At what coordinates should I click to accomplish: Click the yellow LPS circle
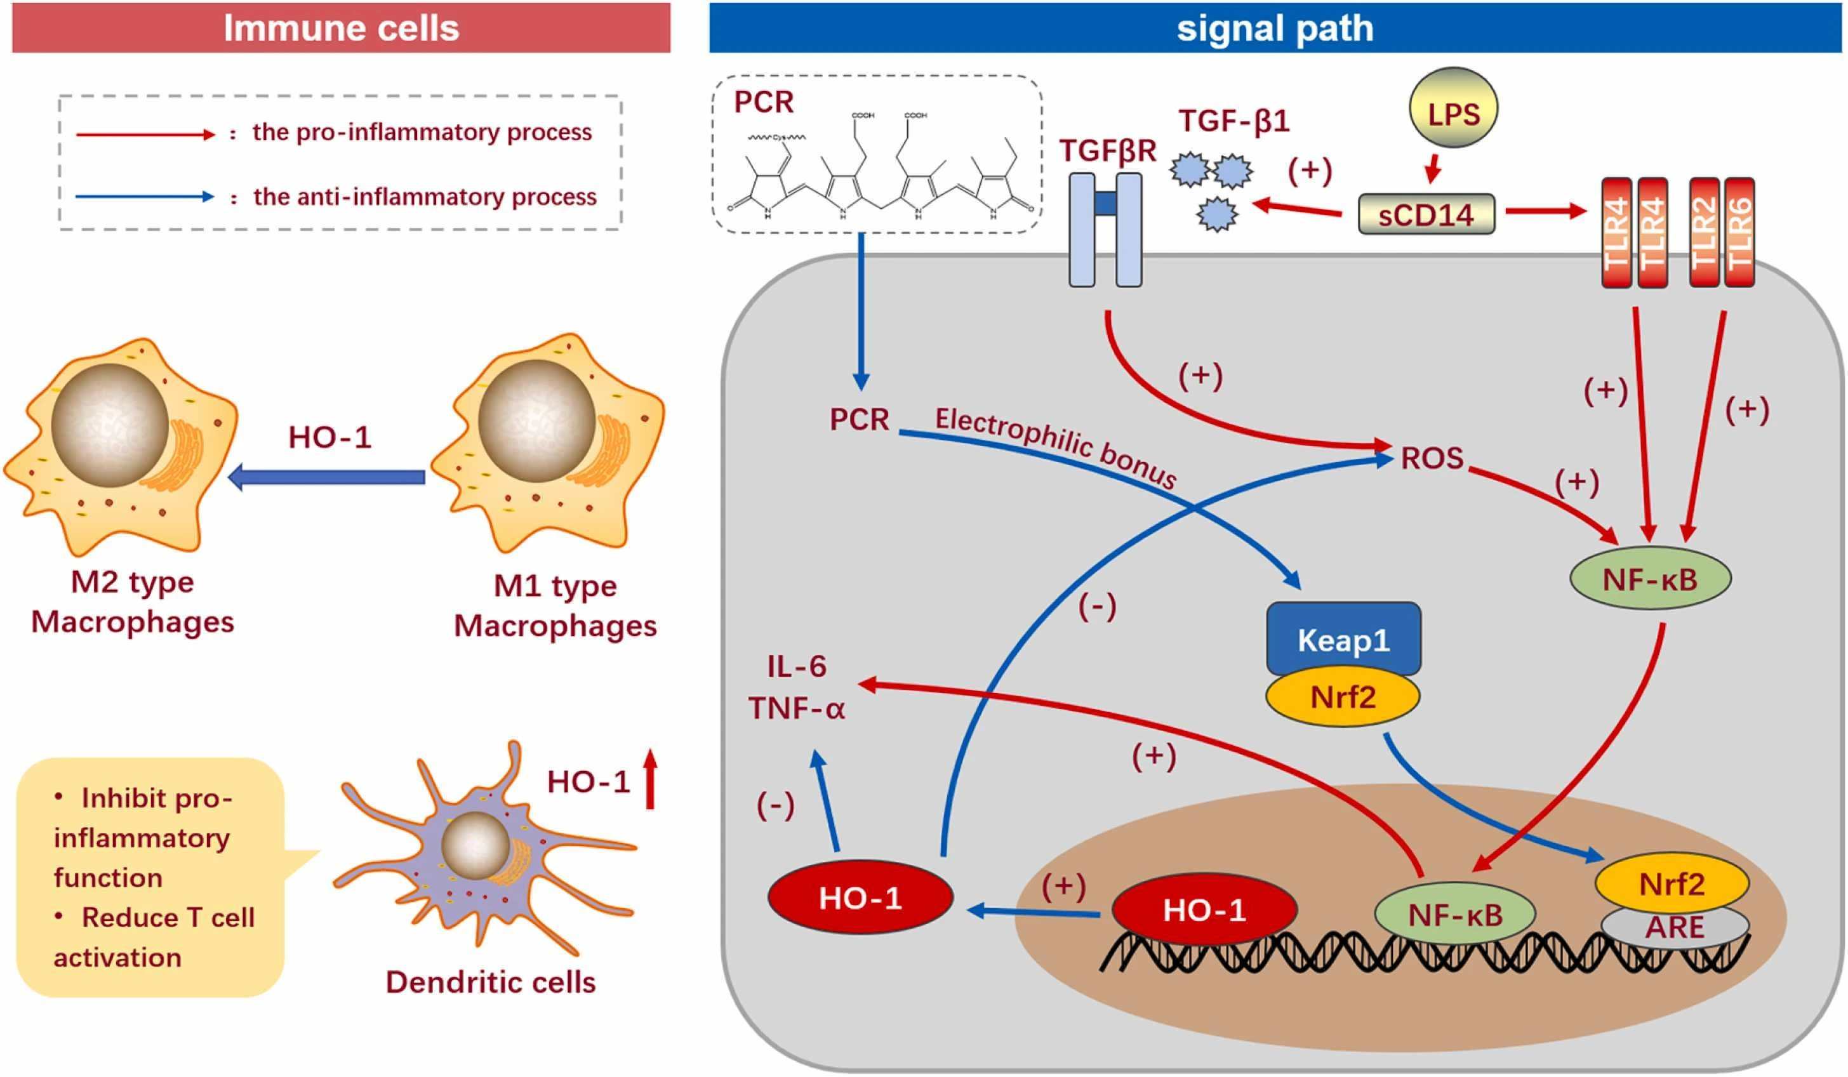1454,113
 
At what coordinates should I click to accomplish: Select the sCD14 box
1426,214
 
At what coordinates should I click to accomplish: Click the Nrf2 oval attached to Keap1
1343,696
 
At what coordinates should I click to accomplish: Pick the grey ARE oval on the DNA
1674,927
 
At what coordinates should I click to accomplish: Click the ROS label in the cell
1432,459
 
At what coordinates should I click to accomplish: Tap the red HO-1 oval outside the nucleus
860,898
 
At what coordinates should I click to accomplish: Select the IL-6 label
797,666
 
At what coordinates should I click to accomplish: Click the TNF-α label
797,708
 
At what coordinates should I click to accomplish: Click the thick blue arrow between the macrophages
327,478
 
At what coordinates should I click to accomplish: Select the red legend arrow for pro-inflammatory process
143,135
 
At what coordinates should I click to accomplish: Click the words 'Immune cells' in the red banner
341,28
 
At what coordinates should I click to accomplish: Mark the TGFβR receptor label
1107,150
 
